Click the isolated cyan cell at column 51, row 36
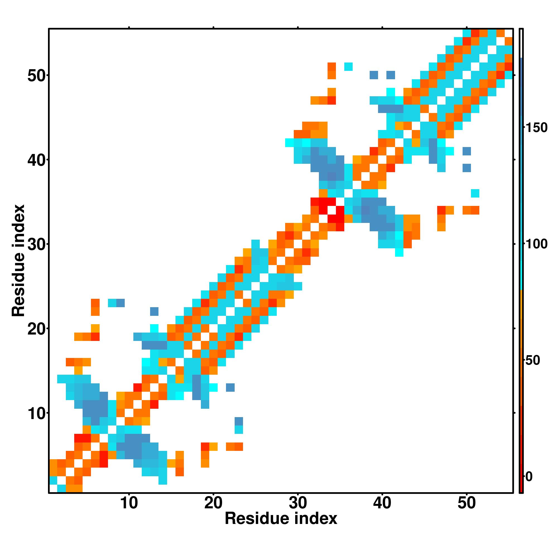pos(475,193)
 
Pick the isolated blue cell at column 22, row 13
pos(230,387)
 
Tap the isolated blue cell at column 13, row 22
pos(154,311)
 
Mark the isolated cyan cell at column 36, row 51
pos(348,67)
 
